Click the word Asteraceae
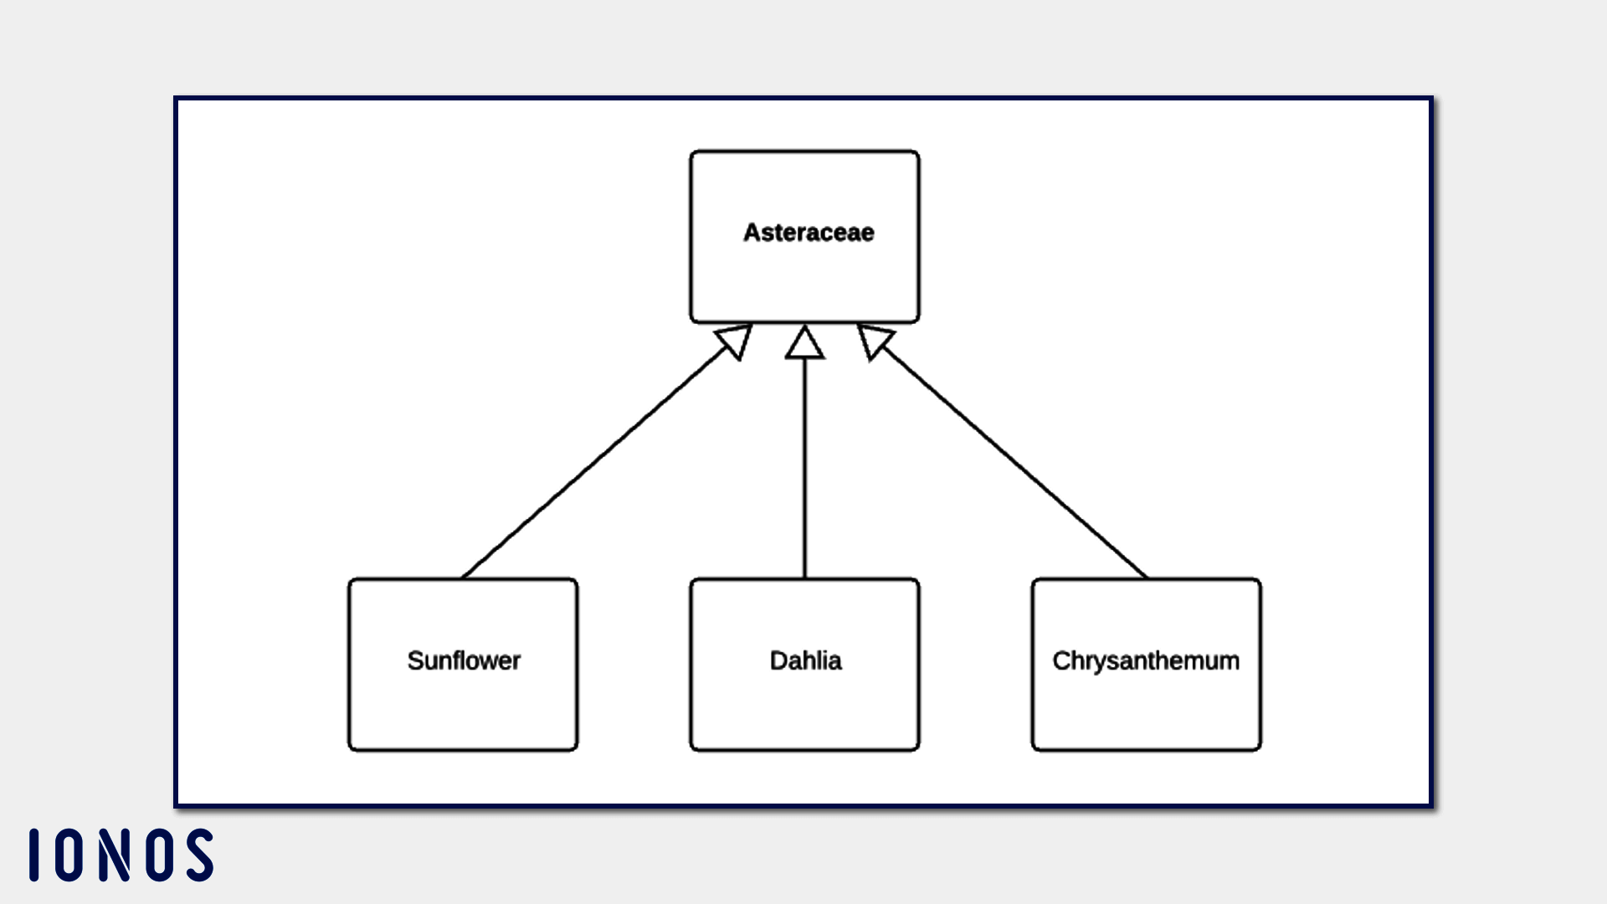(809, 233)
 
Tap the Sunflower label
(464, 660)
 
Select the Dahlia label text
(805, 660)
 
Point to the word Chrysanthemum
(1146, 660)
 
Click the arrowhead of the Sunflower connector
(736, 340)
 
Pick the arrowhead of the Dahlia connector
(804, 344)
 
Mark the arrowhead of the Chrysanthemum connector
(874, 340)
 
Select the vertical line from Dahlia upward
(804, 469)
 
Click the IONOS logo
(121, 855)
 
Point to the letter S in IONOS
(200, 855)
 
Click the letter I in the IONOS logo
(34, 855)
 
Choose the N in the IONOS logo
(115, 855)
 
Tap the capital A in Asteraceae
(752, 233)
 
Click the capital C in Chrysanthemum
(1061, 660)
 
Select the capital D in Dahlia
(778, 660)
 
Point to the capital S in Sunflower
(415, 660)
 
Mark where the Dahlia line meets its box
(804, 578)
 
